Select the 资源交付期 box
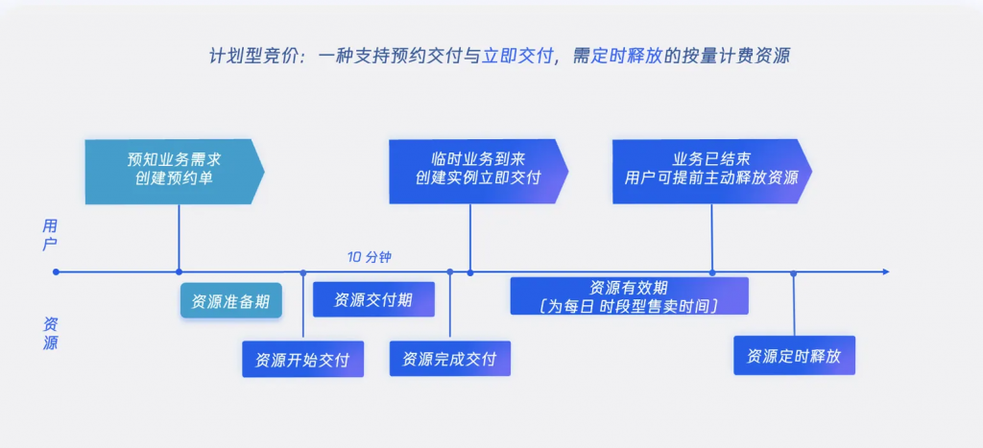pos(373,299)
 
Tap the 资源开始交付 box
pos(302,360)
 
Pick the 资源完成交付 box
pos(449,359)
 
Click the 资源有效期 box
pos(629,295)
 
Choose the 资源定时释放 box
pos(794,355)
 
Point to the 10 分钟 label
pos(370,257)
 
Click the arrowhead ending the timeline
pos(884,272)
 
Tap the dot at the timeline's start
pos(57,272)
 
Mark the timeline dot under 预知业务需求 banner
pos(180,272)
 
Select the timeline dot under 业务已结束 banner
pos(712,272)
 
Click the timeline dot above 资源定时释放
pos(794,273)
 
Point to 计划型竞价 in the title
pos(247,56)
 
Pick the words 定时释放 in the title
pos(628,56)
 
